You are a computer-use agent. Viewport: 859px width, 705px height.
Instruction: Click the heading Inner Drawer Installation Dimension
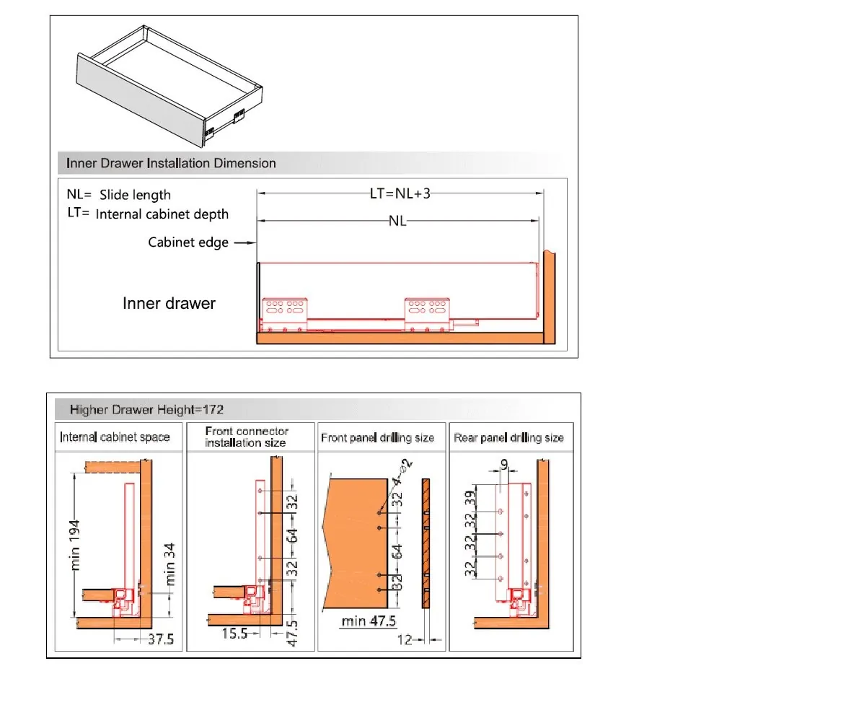tap(171, 163)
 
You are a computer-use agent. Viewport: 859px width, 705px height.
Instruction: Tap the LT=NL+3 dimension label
tap(400, 193)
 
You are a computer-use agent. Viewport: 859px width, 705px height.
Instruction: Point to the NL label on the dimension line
tap(397, 221)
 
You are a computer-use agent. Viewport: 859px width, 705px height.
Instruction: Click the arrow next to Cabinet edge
tap(245, 242)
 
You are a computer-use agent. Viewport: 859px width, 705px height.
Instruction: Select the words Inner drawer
tap(169, 303)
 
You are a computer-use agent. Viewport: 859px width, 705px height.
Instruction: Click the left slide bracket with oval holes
tap(285, 309)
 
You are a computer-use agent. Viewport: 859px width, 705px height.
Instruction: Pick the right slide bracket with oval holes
tap(428, 309)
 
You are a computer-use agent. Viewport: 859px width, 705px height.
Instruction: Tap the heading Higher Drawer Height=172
tap(146, 410)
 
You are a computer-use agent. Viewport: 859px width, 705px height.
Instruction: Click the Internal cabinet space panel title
tap(115, 437)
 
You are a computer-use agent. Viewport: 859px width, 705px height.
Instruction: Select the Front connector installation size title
tap(247, 437)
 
